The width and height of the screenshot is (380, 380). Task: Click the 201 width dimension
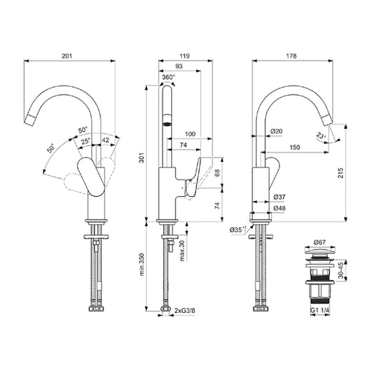click(68, 56)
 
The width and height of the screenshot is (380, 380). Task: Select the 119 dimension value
click(185, 56)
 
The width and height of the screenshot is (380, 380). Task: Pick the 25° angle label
click(86, 142)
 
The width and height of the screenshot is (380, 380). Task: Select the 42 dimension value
click(106, 140)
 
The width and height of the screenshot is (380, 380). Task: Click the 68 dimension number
click(217, 171)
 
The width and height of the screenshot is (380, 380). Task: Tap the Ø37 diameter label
click(279, 196)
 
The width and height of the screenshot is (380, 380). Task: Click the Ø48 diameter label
click(279, 207)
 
